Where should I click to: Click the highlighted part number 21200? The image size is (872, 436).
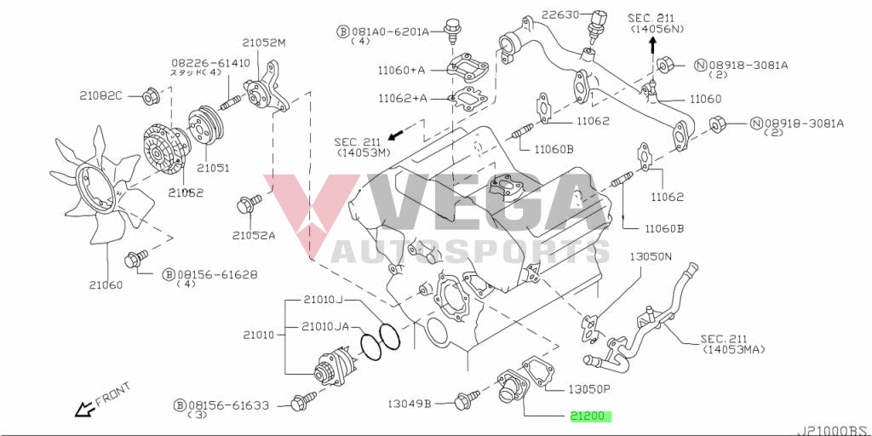[591, 417]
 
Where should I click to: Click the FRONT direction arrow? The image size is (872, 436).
[85, 410]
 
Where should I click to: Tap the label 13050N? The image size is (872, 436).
[651, 255]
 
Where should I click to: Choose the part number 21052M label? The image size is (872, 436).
[264, 43]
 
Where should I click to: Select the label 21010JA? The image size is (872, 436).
[325, 326]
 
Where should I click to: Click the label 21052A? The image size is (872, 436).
[254, 235]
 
